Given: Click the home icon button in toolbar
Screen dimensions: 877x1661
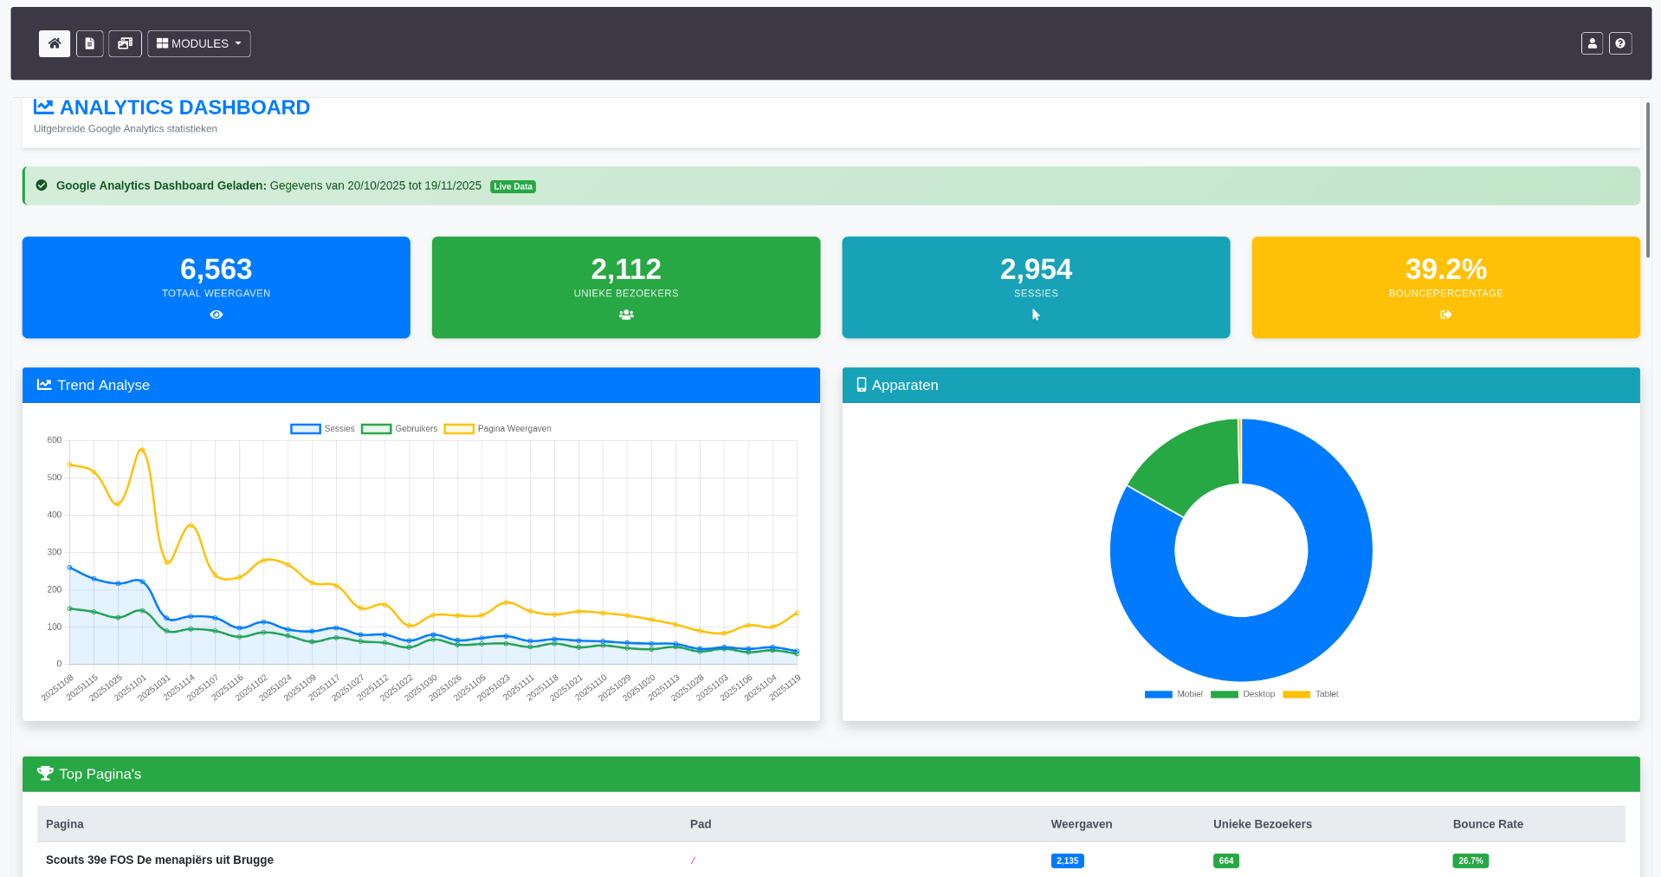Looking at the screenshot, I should [54, 43].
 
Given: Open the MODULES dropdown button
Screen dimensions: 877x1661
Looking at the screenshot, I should [198, 43].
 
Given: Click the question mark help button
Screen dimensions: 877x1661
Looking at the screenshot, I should [1619, 43].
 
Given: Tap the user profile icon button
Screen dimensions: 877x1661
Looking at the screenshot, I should [1591, 43].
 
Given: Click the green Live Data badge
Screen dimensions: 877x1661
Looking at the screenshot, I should [513, 186].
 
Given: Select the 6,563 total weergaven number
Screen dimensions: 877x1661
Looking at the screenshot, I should [216, 269].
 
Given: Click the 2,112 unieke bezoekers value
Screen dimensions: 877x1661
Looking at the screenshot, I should [625, 269].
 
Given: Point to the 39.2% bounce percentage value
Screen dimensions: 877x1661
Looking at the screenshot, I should [1445, 269].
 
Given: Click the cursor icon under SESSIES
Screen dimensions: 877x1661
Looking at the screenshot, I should [1036, 315].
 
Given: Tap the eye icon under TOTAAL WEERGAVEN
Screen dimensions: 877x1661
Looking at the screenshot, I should [216, 315].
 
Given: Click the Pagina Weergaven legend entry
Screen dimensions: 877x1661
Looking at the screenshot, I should [499, 429].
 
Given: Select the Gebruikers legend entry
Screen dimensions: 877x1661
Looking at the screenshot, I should [400, 429].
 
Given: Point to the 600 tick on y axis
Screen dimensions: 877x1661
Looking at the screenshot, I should [55, 440].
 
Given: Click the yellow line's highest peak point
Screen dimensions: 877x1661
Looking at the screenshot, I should [142, 449].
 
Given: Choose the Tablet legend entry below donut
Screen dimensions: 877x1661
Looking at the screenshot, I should [1311, 694].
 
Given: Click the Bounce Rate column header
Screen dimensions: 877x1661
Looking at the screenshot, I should [1487, 824].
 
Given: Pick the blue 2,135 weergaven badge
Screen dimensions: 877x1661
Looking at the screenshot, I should [1067, 861].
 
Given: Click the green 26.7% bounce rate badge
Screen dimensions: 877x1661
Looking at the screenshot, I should [1470, 861].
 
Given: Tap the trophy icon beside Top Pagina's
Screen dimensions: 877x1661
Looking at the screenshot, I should [45, 773].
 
